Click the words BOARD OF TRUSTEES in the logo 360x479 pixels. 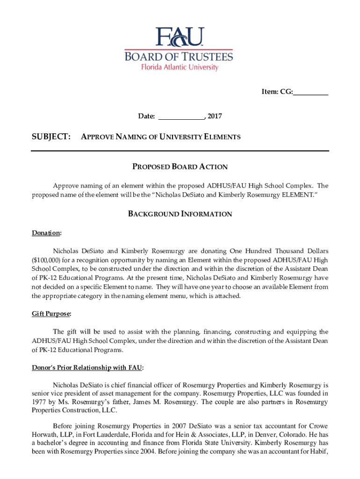click(178, 57)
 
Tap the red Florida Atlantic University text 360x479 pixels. click(180, 67)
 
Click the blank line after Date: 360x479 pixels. click(181, 116)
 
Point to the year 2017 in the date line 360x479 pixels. click(215, 116)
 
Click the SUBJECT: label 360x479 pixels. click(51, 137)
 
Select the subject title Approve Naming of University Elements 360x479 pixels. click(161, 137)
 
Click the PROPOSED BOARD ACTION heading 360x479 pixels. click(180, 167)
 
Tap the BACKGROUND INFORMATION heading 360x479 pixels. click(180, 214)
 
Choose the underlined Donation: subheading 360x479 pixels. click(47, 233)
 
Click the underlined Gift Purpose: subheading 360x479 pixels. click(51, 313)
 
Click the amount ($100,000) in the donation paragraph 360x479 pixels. click(47, 260)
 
